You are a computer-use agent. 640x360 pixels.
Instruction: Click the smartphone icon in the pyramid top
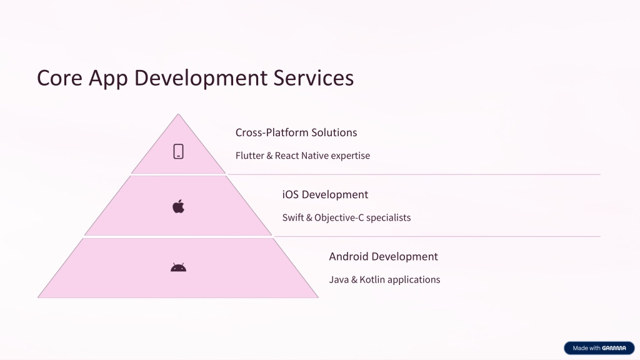coord(178,151)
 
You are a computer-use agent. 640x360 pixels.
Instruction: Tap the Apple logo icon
coord(178,206)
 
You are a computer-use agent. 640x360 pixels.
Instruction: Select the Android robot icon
coord(178,267)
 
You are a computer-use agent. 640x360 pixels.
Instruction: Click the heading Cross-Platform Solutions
coord(296,132)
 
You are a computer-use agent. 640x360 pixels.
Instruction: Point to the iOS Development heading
coord(325,195)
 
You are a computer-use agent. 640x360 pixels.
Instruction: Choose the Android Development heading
coord(383,257)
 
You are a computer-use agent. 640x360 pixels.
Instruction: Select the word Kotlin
coord(372,279)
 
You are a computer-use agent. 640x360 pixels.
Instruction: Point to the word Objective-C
coord(339,217)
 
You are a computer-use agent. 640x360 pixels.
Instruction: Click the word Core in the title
coord(59,77)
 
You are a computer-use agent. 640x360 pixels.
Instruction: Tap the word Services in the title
coord(314,77)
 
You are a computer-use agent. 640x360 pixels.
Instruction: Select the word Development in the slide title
coord(201,78)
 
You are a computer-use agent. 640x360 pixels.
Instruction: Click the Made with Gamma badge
coord(599,348)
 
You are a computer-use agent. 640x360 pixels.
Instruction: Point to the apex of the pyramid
coord(178,114)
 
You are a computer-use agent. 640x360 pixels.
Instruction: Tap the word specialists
coord(388,218)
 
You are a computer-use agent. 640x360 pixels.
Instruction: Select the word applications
coord(414,280)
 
